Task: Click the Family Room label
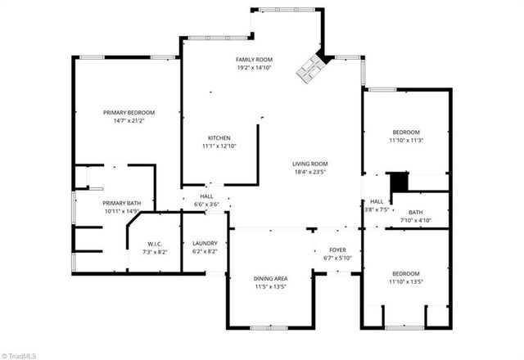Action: (254, 60)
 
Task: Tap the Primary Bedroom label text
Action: (129, 112)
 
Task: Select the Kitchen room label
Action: (219, 137)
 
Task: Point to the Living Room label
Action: (310, 164)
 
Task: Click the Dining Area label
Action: (270, 278)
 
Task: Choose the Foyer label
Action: (338, 250)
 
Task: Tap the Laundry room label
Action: (205, 243)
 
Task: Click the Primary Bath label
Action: (121, 203)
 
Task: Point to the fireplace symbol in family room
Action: (311, 69)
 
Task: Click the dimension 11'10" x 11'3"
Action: (405, 140)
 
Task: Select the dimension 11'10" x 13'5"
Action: (405, 281)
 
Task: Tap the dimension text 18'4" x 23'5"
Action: (310, 172)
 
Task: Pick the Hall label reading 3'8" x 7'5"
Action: (377, 209)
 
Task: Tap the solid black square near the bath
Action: (398, 181)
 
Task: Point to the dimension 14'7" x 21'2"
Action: (129, 120)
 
